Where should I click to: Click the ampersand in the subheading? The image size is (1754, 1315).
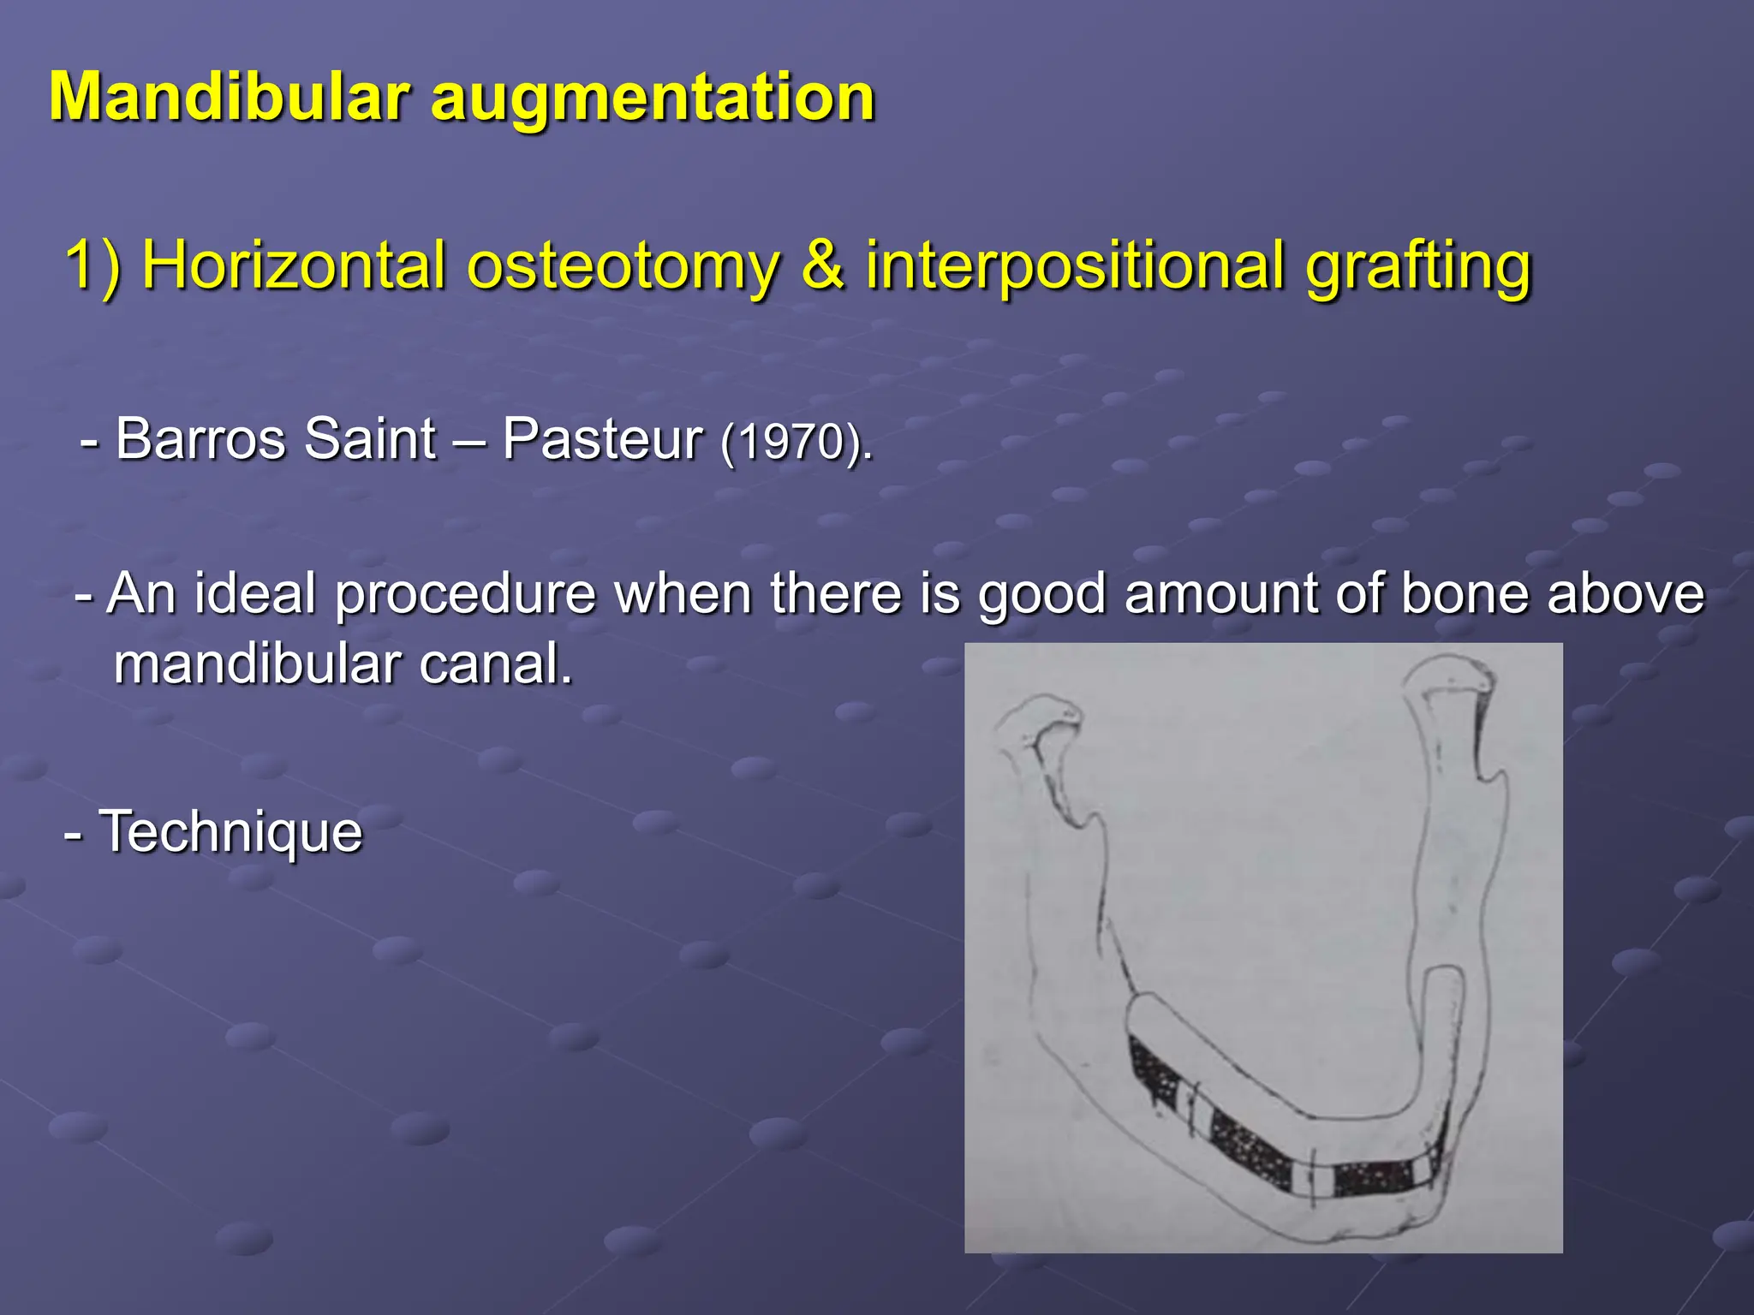point(823,265)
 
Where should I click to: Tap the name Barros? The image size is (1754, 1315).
point(200,439)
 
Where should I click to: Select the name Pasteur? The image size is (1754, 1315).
point(602,439)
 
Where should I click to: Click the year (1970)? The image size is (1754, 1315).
point(796,443)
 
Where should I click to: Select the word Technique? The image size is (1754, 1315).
point(231,832)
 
